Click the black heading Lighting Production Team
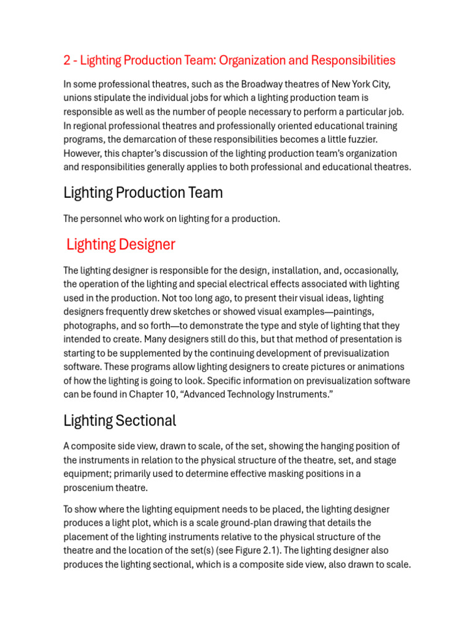tap(143, 193)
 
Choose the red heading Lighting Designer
tap(121, 244)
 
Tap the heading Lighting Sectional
tap(120, 421)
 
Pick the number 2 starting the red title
tap(67, 60)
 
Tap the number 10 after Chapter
tap(164, 394)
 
